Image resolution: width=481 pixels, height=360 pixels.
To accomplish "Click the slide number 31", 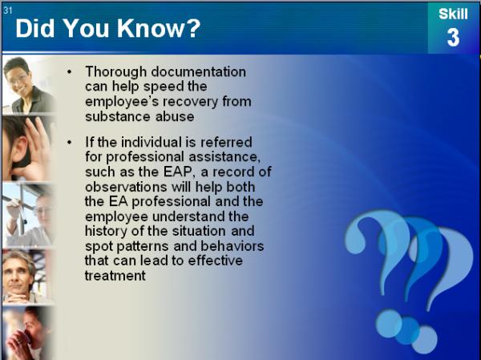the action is tap(8, 10).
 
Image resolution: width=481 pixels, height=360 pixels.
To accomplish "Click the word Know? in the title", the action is tap(159, 28).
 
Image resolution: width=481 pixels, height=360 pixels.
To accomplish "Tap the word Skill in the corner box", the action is tap(453, 14).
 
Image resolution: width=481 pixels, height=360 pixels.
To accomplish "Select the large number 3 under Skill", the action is tap(453, 38).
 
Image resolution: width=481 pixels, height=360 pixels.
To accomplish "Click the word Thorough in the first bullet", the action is tap(116, 72).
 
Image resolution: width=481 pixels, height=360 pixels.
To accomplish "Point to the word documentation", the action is tap(199, 72).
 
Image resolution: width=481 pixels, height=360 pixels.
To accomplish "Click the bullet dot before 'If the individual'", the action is tap(70, 143).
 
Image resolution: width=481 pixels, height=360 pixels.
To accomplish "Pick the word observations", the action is tap(126, 187).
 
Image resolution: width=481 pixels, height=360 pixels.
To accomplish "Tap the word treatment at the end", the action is tap(115, 276).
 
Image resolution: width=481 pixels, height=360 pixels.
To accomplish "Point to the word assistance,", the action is tap(224, 157).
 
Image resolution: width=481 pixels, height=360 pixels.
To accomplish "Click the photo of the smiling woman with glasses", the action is tap(29, 85).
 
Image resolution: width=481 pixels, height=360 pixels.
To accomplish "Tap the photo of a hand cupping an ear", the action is tap(27, 148).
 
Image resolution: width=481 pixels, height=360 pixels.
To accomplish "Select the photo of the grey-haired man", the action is tap(26, 277).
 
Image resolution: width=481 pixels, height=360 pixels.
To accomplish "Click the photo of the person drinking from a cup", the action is tap(27, 333).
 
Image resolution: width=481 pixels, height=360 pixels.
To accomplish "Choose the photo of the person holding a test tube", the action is tap(27, 215).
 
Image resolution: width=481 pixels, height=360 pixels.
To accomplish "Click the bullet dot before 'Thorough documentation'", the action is tap(70, 72).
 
